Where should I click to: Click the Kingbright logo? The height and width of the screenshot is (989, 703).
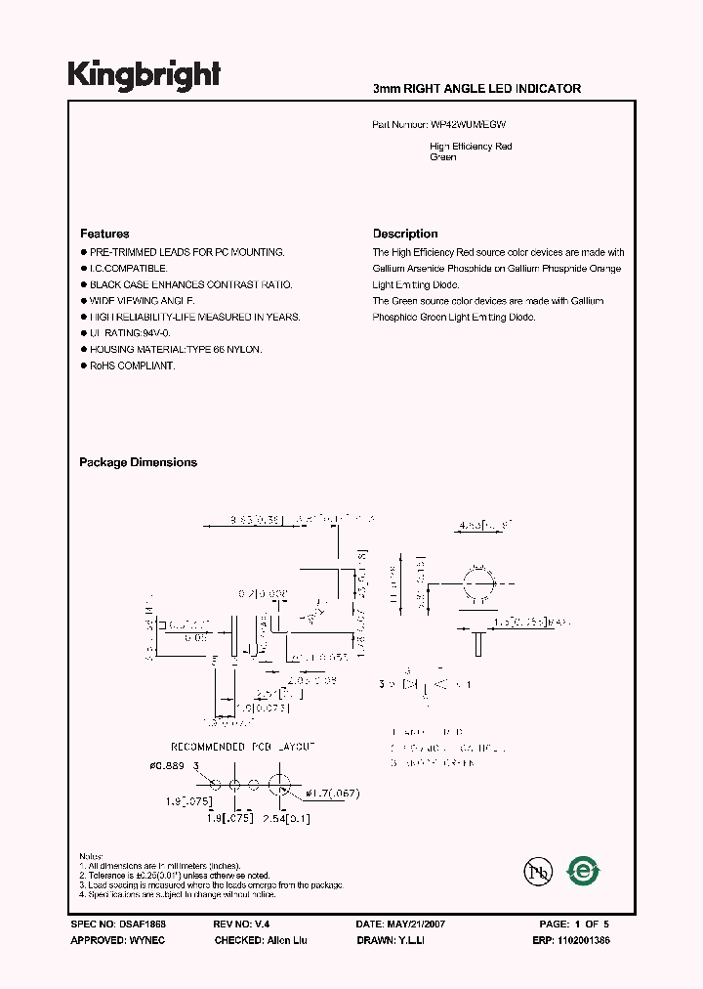[x=145, y=75]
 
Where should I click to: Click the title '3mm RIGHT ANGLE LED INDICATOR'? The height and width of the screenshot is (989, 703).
[x=476, y=89]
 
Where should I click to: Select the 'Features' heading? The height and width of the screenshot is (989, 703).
[x=104, y=234]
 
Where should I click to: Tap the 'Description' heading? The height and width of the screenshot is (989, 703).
[x=405, y=234]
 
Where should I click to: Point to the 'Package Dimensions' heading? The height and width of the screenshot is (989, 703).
[x=138, y=462]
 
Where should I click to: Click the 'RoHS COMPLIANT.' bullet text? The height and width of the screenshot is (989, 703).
[x=133, y=365]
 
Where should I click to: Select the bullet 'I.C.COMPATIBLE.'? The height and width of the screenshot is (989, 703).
[x=129, y=268]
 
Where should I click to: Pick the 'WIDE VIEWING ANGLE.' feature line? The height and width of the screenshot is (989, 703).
[x=143, y=301]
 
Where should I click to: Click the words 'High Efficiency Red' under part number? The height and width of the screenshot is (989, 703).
[x=471, y=147]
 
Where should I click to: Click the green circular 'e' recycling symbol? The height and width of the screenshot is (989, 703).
[x=584, y=870]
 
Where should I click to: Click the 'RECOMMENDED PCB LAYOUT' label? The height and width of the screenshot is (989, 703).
[x=243, y=746]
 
